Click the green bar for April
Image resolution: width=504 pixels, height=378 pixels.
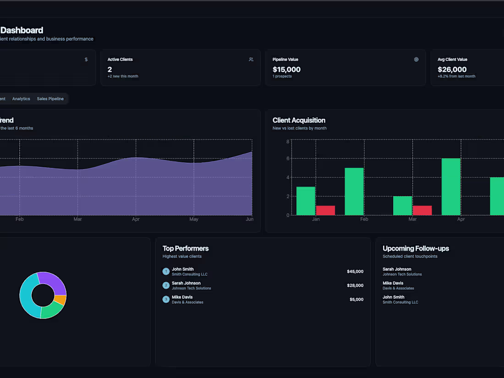pos(451,186)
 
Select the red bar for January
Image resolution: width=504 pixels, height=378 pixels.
pos(325,210)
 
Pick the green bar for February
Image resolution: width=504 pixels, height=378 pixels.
pos(354,191)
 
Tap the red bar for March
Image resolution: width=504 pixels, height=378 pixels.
pos(422,210)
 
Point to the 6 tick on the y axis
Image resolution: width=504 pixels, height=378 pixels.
pos(288,159)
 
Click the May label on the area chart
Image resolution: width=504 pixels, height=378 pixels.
pos(194,219)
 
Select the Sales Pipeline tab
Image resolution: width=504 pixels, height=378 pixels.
pos(50,99)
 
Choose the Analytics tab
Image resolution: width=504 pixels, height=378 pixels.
pos(21,99)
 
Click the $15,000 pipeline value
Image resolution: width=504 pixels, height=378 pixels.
pos(286,70)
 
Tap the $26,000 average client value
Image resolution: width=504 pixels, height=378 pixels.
pos(452,70)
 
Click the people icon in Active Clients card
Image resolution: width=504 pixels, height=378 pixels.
pos(251,60)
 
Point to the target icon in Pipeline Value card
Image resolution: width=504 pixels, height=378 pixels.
pos(416,60)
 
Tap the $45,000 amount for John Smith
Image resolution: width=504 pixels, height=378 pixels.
pos(355,272)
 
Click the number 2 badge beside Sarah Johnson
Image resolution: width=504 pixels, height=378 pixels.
pos(166,285)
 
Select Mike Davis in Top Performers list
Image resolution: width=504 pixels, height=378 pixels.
pos(182,297)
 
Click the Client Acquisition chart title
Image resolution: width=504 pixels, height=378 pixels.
pos(299,121)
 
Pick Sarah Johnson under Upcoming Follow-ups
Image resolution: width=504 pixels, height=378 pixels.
pos(397,269)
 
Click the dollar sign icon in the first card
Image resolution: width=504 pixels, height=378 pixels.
pos(86,60)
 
